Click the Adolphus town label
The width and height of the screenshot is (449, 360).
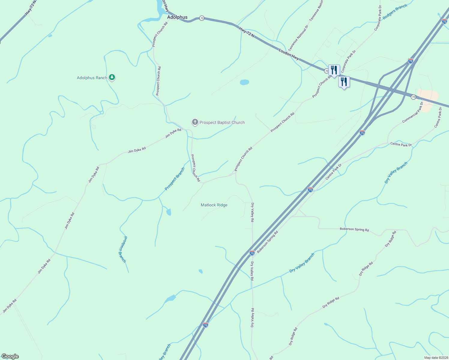tap(177, 17)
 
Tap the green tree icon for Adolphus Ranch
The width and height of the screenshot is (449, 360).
tap(112, 77)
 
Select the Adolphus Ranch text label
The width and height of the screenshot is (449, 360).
tap(92, 78)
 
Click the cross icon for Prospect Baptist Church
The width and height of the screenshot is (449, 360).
tap(195, 122)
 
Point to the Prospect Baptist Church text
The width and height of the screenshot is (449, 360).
tap(222, 122)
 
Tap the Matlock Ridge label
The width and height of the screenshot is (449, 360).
tap(214, 205)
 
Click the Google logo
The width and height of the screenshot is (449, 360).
tap(10, 356)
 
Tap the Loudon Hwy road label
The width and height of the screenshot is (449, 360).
tap(289, 54)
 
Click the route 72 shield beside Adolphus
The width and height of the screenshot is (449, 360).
tap(202, 18)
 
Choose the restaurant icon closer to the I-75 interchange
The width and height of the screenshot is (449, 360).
tap(344, 82)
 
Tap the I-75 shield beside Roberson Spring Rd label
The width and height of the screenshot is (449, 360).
tap(252, 253)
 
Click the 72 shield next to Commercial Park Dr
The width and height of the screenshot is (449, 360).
tap(413, 97)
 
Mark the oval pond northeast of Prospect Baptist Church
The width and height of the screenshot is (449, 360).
tap(244, 82)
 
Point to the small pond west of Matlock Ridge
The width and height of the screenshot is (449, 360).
tap(169, 212)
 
